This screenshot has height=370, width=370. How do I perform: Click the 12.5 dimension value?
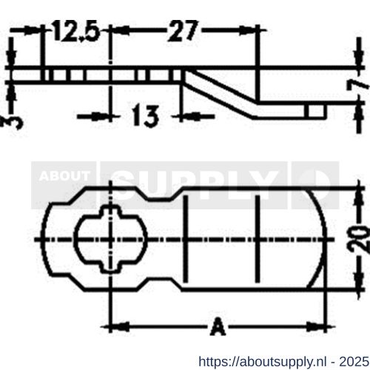74,33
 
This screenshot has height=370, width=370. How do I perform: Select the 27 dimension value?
184,33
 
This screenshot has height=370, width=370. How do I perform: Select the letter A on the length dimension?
217,326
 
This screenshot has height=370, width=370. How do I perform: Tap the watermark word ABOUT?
64,176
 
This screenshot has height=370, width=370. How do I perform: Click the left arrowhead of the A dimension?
115,326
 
